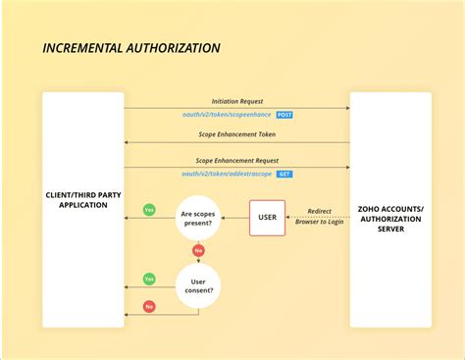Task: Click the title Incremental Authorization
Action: (x=131, y=48)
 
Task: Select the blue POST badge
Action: (x=284, y=115)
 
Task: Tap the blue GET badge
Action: (x=284, y=174)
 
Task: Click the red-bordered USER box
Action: (x=267, y=217)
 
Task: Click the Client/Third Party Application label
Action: (x=82, y=200)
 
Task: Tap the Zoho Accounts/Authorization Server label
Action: (x=390, y=218)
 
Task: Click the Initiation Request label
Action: (x=236, y=101)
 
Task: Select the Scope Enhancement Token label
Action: (x=236, y=134)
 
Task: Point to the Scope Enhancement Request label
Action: (x=236, y=160)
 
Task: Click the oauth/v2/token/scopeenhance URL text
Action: (x=227, y=115)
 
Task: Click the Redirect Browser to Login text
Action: (x=319, y=217)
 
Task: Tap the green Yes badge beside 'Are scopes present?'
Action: (x=149, y=210)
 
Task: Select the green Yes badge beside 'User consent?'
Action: (x=149, y=279)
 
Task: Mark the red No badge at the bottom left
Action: (x=149, y=306)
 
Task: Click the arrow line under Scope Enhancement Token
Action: (x=236, y=143)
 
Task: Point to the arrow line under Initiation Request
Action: (x=236, y=108)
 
